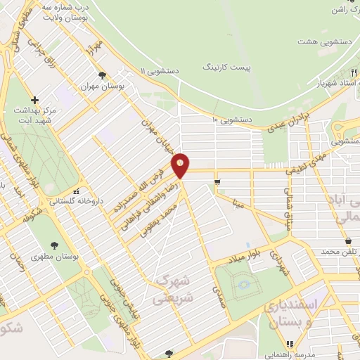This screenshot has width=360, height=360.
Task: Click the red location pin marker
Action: (181, 165)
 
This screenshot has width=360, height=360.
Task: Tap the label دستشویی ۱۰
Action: (231, 120)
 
